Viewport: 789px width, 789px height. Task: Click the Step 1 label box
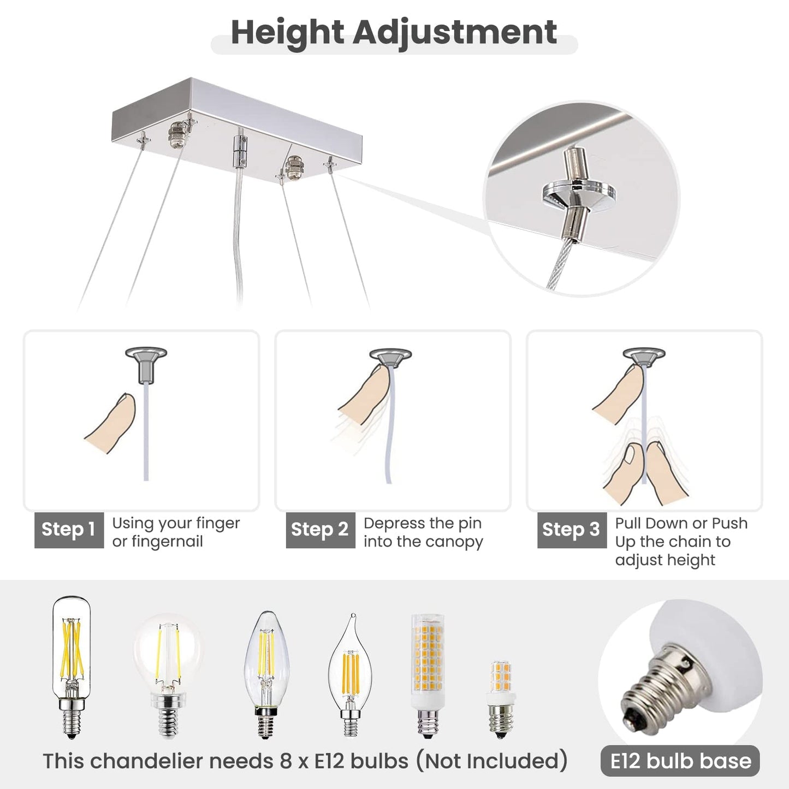pyautogui.click(x=69, y=530)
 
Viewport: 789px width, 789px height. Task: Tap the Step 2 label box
pyautogui.click(x=320, y=530)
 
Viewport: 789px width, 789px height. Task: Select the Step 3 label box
pyautogui.click(x=571, y=530)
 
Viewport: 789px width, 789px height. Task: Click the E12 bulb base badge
pyautogui.click(x=680, y=761)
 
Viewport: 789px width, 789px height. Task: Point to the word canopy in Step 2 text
pyautogui.click(x=454, y=542)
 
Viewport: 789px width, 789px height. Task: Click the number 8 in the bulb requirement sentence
pyautogui.click(x=286, y=761)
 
